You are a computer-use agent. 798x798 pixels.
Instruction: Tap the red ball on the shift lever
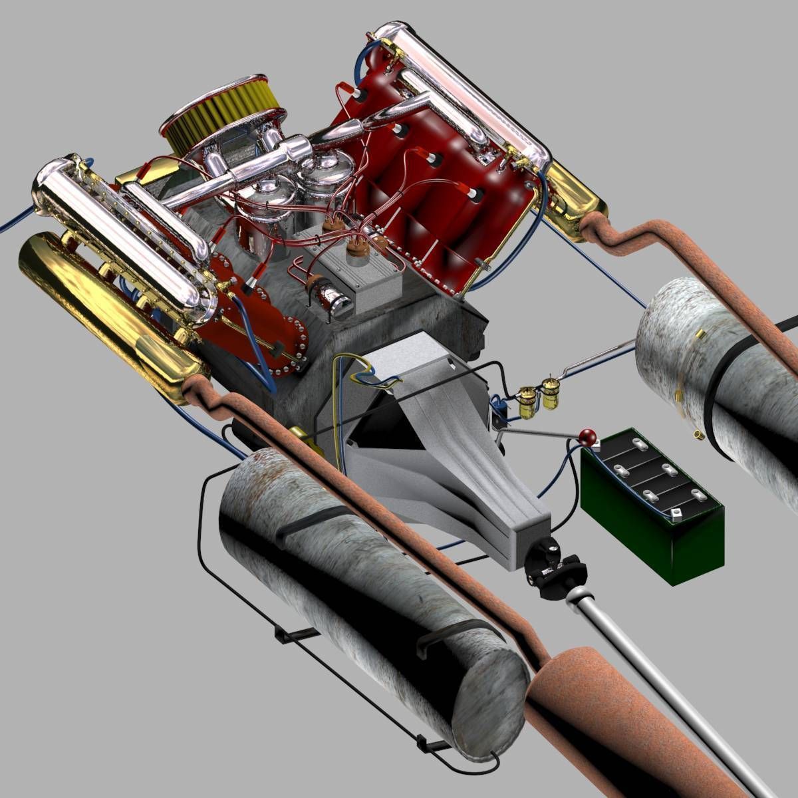588,437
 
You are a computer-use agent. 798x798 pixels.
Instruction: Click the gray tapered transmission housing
465,479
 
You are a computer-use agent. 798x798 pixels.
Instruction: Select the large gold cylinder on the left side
100,306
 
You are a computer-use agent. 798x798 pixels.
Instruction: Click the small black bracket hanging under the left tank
293,635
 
